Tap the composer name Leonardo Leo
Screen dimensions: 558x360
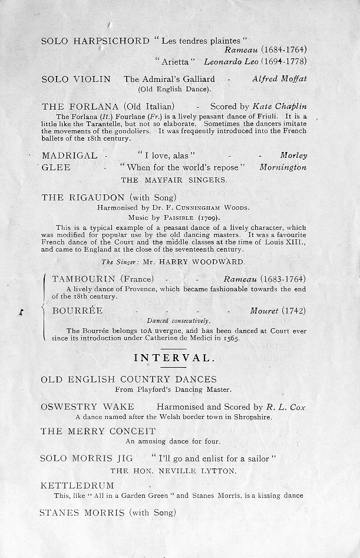[x=230, y=61]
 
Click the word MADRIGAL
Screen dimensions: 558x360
[x=70, y=156]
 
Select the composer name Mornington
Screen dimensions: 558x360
[x=283, y=167]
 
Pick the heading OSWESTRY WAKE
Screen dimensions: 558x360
[x=87, y=407]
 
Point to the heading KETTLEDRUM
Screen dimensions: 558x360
[x=77, y=486]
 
